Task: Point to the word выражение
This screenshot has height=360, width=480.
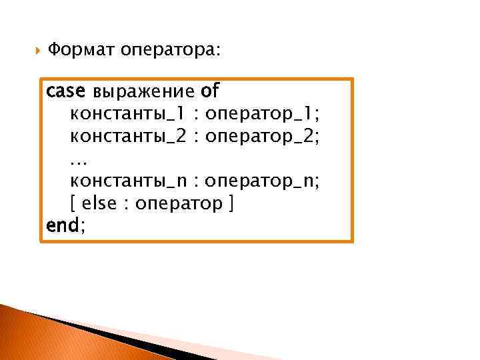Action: (x=143, y=91)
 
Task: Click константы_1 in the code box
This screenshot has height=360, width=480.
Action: (x=127, y=113)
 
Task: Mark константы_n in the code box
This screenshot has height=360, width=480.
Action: (x=127, y=181)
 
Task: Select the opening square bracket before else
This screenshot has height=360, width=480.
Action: (x=73, y=204)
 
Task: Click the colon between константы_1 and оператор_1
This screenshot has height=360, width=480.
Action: (x=197, y=113)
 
